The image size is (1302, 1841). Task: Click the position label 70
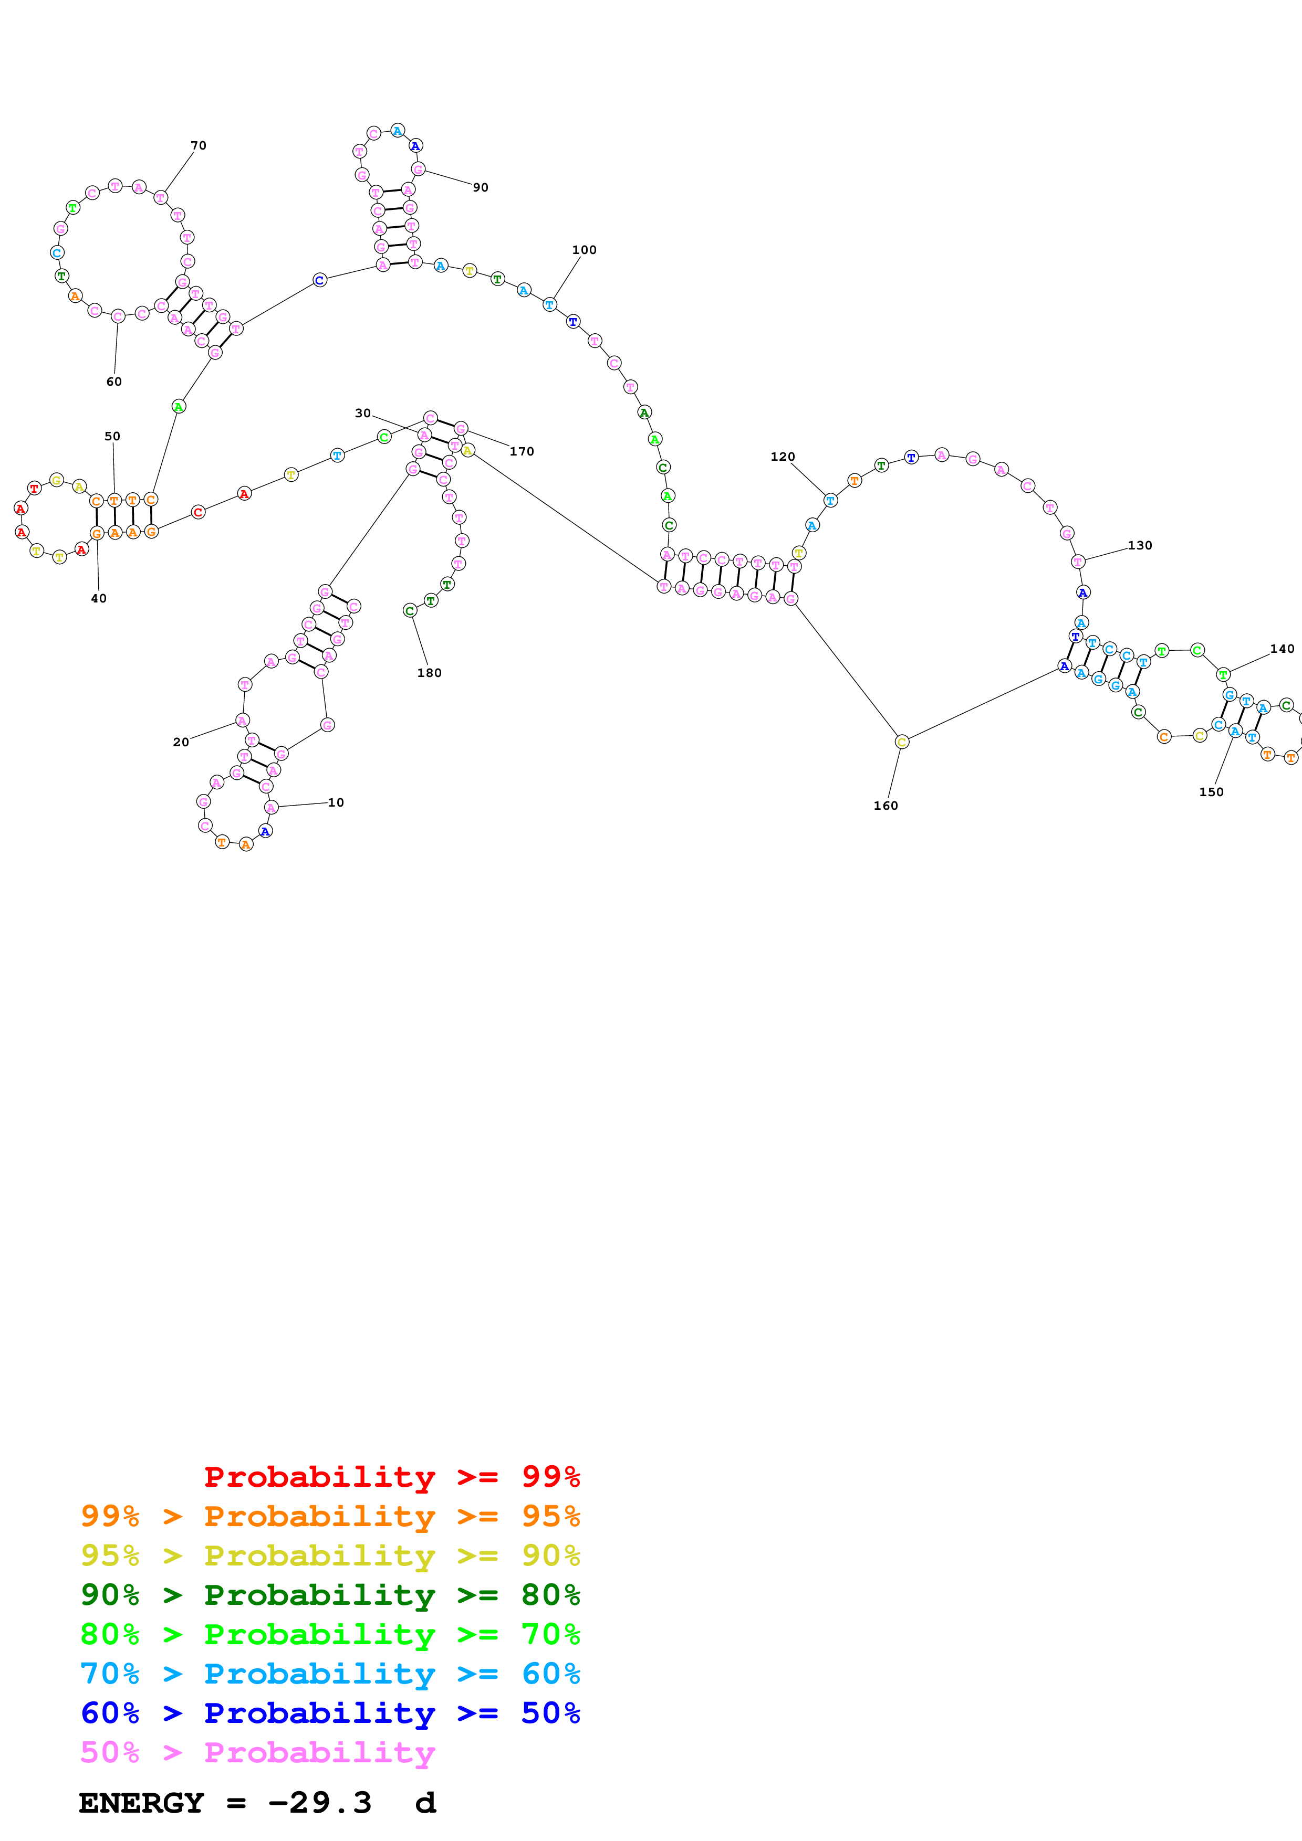pos(198,145)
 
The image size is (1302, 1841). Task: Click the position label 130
pos(1139,545)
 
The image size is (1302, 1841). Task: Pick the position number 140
pos(1282,649)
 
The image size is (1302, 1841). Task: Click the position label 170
pos(522,451)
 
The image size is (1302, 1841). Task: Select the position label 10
pos(335,802)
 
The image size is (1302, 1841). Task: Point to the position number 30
pos(362,413)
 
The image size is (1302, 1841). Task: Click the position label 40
pos(99,598)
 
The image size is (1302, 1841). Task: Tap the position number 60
pos(114,382)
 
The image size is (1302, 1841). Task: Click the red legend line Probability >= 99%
pos(391,1476)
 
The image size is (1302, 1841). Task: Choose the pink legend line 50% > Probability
pos(257,1752)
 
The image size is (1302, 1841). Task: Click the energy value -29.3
pos(319,1803)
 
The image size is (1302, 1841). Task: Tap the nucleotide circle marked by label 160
pos(902,742)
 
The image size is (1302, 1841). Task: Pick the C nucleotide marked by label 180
pos(410,611)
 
